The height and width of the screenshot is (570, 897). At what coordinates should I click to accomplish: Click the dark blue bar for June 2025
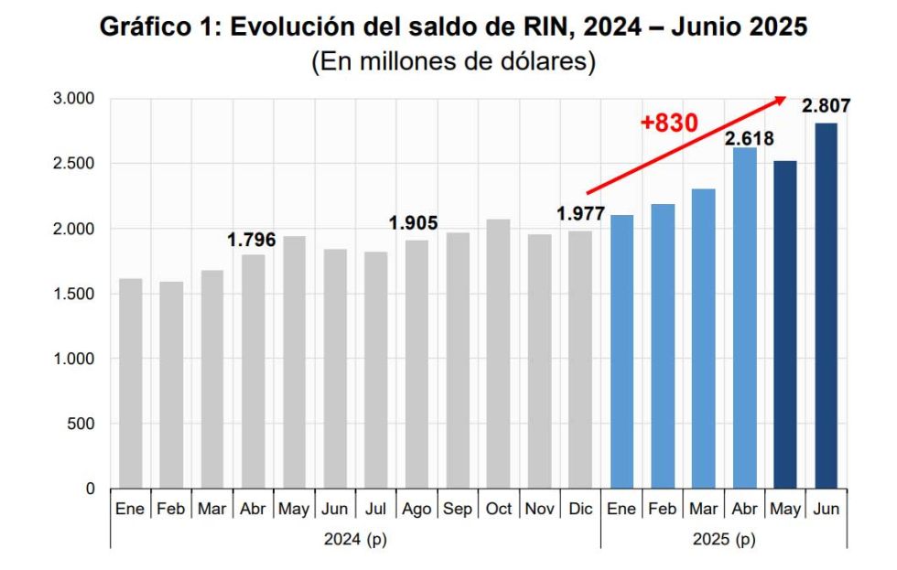[x=826, y=306]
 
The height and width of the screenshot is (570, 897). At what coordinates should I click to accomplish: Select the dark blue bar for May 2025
[x=784, y=325]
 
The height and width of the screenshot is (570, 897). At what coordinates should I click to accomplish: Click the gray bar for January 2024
[x=130, y=383]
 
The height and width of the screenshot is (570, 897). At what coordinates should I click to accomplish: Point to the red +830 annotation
[x=669, y=123]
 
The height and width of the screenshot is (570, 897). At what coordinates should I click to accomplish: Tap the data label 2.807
[x=826, y=107]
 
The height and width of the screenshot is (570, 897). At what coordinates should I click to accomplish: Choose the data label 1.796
[x=252, y=240]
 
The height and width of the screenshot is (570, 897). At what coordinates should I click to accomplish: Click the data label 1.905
[x=414, y=223]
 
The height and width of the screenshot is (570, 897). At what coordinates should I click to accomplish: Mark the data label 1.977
[x=580, y=215]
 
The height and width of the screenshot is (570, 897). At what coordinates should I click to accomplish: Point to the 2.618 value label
[x=749, y=139]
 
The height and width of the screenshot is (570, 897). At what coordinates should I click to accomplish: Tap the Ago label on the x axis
[x=416, y=509]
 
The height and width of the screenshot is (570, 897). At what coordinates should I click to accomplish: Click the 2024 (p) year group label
[x=355, y=540]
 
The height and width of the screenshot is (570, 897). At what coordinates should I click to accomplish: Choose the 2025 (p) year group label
[x=724, y=540]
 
